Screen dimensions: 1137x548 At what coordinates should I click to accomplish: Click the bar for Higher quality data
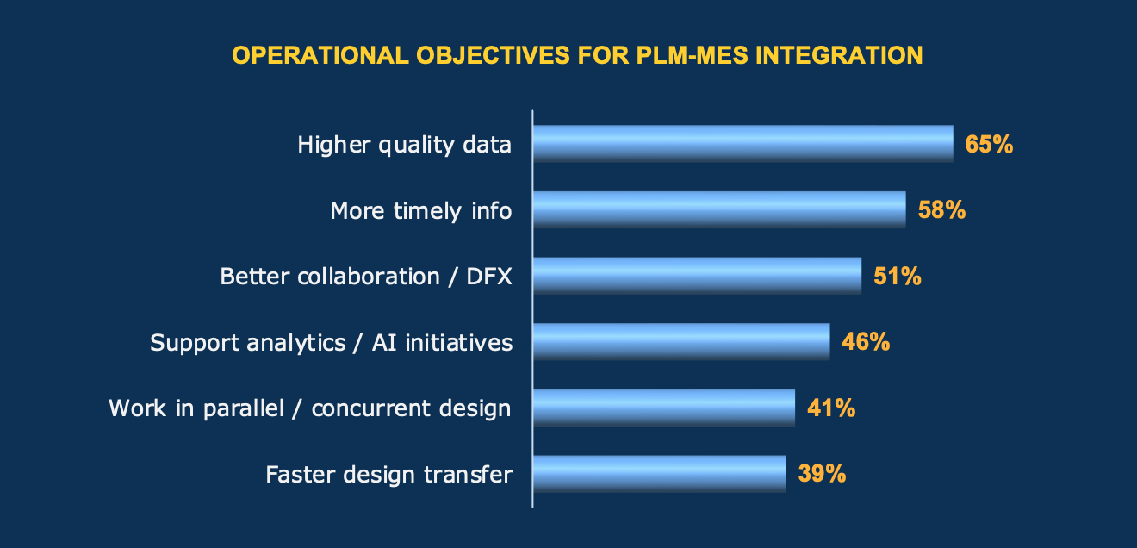743,144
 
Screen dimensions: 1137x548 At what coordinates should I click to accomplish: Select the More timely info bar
719,209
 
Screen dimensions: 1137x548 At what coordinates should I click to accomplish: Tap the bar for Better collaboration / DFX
698,276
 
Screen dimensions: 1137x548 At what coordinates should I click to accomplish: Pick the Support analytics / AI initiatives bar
681,342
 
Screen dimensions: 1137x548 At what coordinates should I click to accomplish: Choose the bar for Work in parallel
664,408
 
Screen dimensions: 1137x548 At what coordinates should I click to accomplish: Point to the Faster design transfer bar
659,474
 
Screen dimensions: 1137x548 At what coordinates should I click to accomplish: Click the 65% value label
989,144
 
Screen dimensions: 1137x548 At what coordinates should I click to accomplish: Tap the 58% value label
941,209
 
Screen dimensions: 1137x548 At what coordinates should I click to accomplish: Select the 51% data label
897,277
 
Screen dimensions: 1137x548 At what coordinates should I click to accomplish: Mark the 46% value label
866,342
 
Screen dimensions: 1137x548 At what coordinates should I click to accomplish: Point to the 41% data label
831,408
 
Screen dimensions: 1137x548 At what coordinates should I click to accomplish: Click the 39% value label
822,473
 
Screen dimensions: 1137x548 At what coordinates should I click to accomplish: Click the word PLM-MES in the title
692,55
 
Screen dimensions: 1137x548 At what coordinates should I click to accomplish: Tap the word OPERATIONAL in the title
320,55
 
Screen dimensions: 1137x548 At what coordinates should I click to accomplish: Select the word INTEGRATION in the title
839,55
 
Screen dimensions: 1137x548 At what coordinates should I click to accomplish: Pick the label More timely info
421,211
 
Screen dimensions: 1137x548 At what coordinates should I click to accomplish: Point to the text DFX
488,277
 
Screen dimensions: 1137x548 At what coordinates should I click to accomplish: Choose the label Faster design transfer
388,475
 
